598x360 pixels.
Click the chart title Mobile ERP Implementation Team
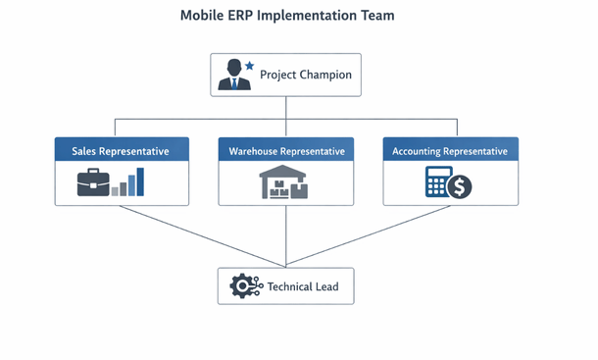coord(287,17)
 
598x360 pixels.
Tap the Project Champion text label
coord(305,75)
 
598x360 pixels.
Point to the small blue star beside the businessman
coord(249,66)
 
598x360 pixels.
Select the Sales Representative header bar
coord(122,151)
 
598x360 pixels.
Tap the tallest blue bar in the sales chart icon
coord(140,181)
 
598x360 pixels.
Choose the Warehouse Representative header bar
coord(286,151)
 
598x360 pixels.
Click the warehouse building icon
coord(284,183)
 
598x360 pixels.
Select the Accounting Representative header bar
coord(450,151)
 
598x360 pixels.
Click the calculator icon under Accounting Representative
coord(437,181)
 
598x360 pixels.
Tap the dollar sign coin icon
coord(459,186)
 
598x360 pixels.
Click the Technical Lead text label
coord(303,286)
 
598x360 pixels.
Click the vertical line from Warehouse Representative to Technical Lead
coord(286,235)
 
